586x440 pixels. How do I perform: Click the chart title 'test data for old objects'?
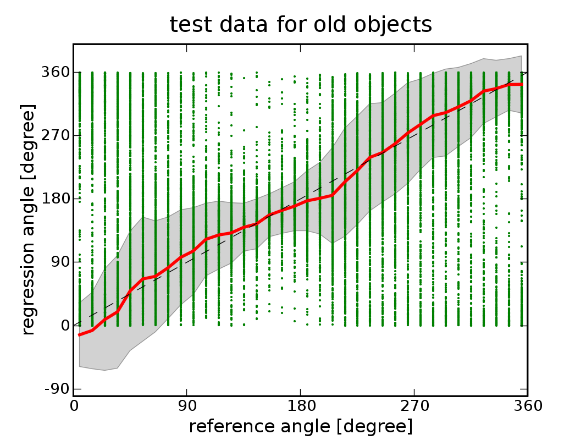pyautogui.click(x=300, y=25)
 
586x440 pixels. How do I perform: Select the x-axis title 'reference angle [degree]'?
pyautogui.click(x=300, y=426)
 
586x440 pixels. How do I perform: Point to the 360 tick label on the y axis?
pyautogui.click(x=55, y=73)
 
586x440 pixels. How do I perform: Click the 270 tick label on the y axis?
pyautogui.click(x=55, y=136)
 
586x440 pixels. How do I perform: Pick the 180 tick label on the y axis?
pyautogui.click(x=55, y=199)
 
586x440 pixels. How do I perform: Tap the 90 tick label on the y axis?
pyautogui.click(x=59, y=262)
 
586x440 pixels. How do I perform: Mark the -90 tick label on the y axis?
pyautogui.click(x=57, y=389)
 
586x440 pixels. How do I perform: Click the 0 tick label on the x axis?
pyautogui.click(x=74, y=406)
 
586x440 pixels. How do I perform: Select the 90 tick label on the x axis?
pyautogui.click(x=187, y=406)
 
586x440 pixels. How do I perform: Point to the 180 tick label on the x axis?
pyautogui.click(x=301, y=406)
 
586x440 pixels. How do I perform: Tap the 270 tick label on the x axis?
pyautogui.click(x=414, y=406)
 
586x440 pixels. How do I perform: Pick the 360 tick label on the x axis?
pyautogui.click(x=527, y=406)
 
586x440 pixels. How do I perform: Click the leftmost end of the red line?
pyautogui.click(x=80, y=334)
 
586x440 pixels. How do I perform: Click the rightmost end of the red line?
pyautogui.click(x=521, y=84)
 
